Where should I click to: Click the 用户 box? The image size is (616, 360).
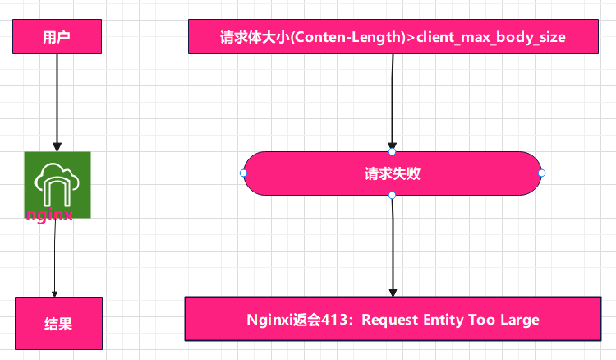(57, 37)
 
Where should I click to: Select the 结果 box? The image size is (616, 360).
(58, 323)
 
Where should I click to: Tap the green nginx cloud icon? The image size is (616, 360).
(57, 181)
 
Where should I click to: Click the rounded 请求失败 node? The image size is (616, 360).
(393, 173)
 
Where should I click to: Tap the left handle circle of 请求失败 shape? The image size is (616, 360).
(243, 173)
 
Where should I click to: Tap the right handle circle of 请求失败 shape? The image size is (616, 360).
(542, 173)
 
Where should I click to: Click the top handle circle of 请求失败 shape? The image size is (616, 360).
(393, 151)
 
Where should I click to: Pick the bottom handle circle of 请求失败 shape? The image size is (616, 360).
(393, 196)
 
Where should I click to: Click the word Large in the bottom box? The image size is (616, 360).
(521, 320)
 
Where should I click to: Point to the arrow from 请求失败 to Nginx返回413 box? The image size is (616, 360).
(393, 247)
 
